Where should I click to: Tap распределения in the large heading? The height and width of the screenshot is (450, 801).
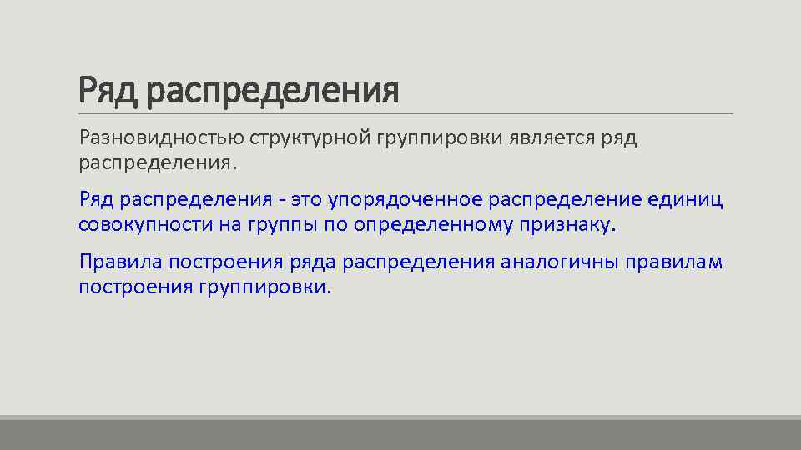pos(271,90)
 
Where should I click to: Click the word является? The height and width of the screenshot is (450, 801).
pos(552,137)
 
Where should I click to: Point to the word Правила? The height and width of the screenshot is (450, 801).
pos(120,262)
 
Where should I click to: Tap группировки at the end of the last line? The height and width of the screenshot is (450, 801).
pos(264,287)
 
